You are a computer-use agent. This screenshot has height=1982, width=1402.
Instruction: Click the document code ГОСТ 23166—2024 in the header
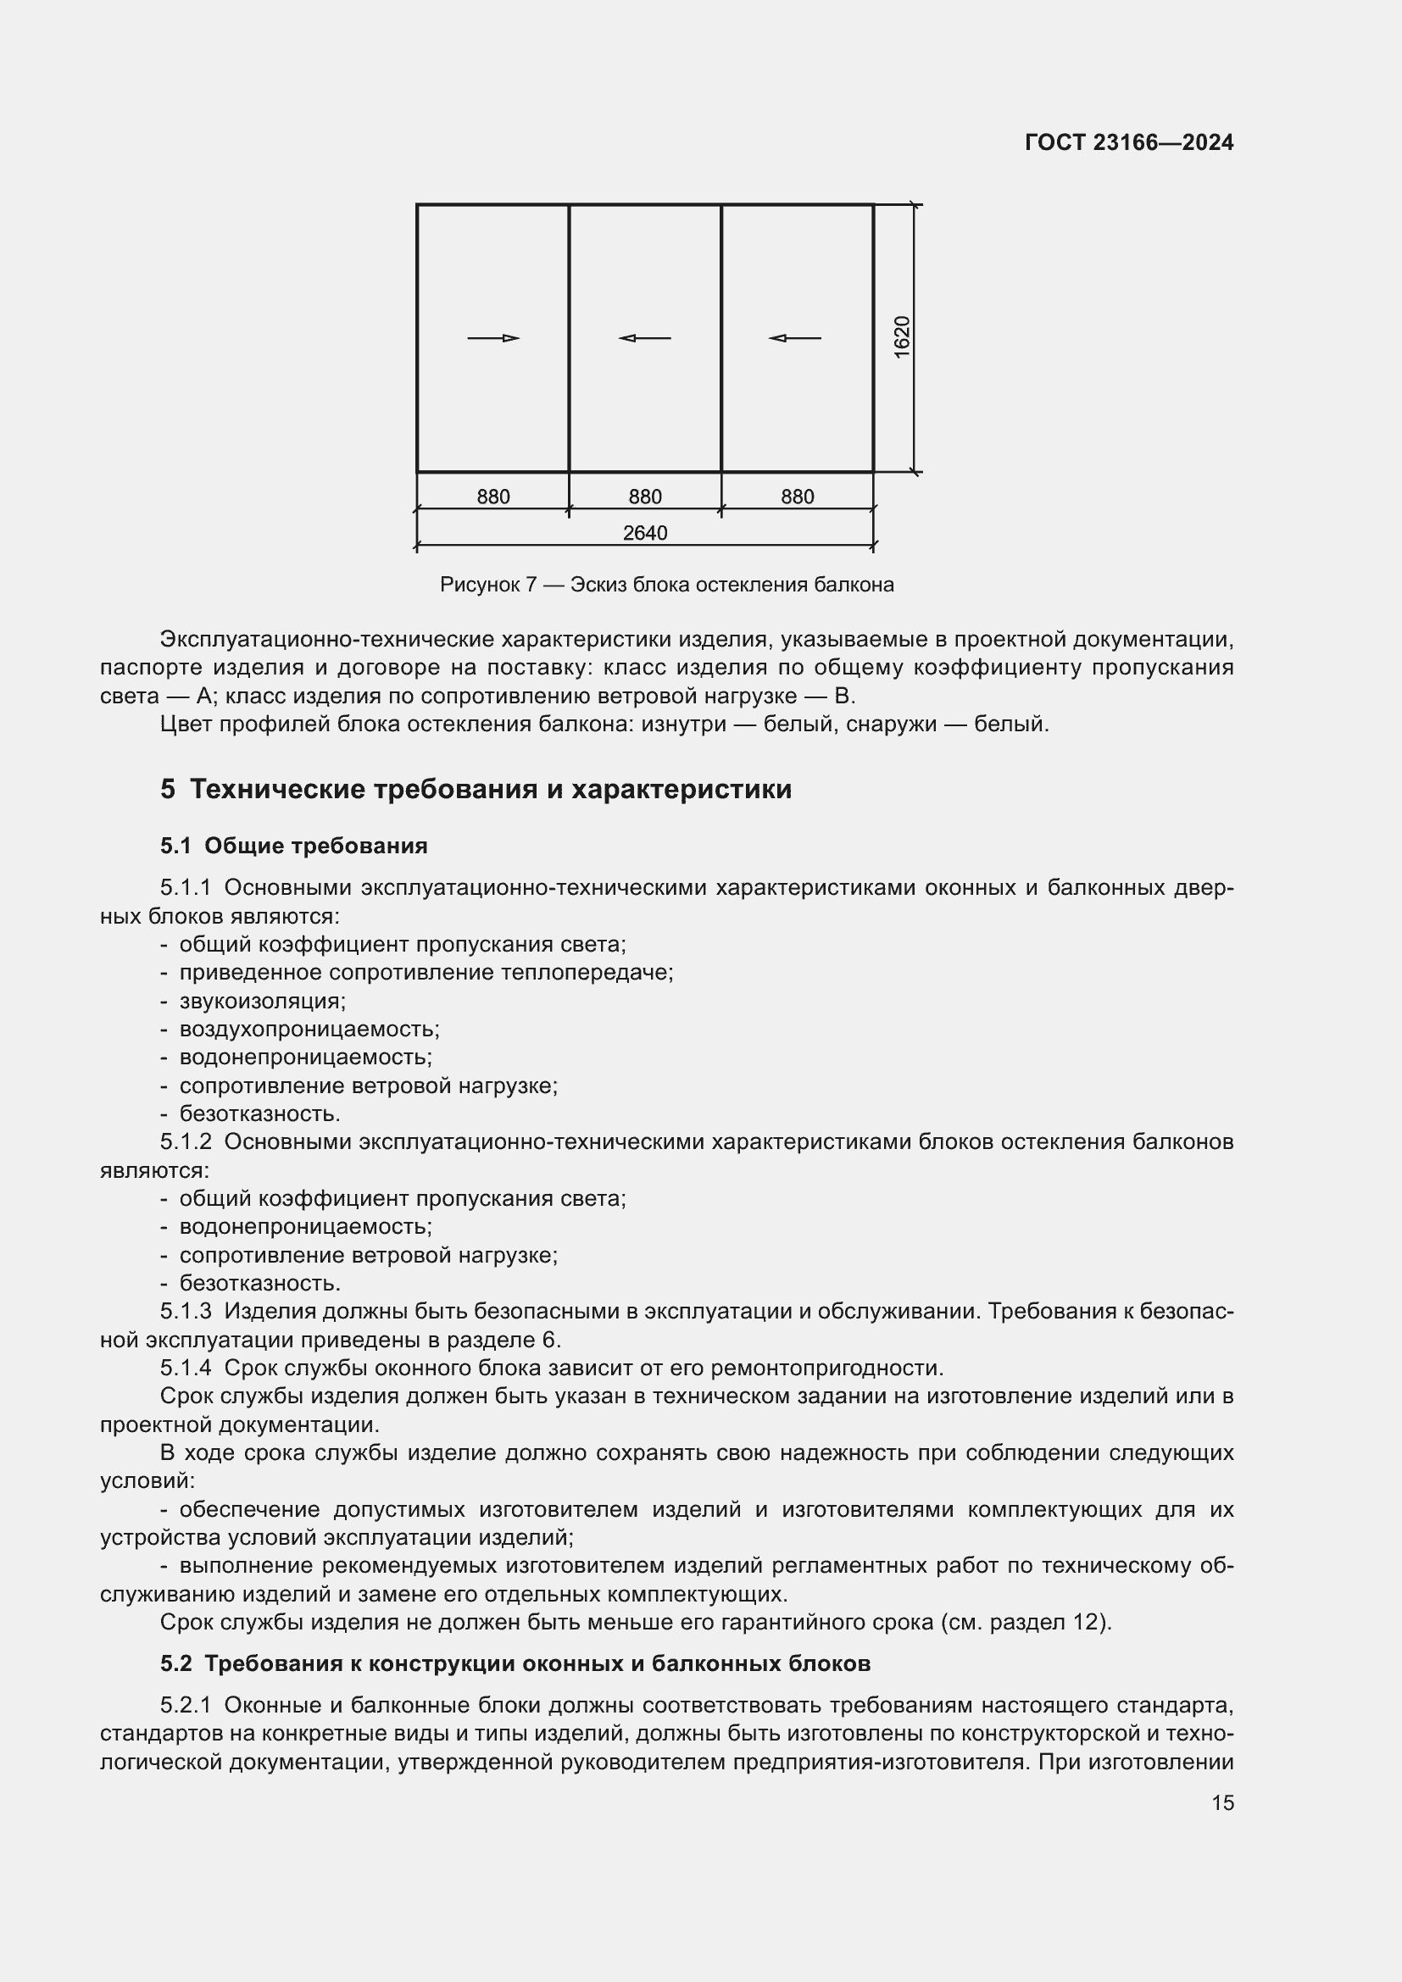[x=1128, y=142]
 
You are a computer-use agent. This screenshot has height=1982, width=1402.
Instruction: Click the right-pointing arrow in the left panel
[x=493, y=337]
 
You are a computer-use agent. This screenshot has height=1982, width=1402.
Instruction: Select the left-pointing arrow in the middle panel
[x=645, y=337]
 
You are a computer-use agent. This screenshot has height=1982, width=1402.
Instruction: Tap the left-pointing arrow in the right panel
[x=795, y=337]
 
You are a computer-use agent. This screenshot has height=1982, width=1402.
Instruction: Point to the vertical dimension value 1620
[x=901, y=337]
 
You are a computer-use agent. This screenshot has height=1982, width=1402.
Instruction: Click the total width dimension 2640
[x=645, y=533]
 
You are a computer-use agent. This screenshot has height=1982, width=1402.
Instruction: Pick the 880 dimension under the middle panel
[x=645, y=497]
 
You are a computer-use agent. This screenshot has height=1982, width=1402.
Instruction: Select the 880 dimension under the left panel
[x=493, y=497]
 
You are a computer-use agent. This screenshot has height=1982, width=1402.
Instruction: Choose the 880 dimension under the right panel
[x=797, y=497]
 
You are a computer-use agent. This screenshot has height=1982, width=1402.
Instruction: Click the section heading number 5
[x=168, y=789]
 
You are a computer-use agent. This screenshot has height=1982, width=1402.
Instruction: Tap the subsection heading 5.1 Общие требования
[x=293, y=845]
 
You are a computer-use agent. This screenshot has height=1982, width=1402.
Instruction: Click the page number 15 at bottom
[x=1222, y=1803]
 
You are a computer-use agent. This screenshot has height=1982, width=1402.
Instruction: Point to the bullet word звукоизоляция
[x=263, y=1001]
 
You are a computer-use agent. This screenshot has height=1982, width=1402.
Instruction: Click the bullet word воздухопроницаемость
[x=309, y=1029]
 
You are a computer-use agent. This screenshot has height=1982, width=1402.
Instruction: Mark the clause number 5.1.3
[x=186, y=1311]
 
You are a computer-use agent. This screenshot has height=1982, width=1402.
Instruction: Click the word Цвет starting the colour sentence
[x=186, y=724]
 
